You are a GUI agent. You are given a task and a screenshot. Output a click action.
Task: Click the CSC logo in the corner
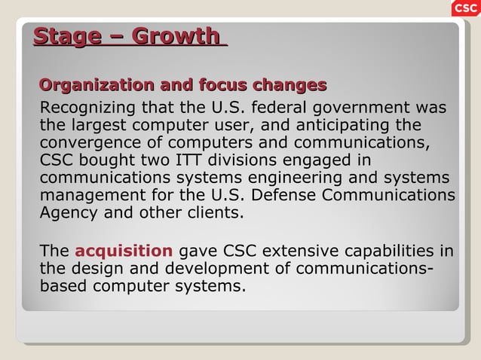coord(465,8)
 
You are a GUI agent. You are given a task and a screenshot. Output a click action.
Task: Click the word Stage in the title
coord(67,36)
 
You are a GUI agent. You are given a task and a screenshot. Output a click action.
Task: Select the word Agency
coord(69,212)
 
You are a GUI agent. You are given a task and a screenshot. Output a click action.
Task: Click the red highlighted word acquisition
coord(124,251)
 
